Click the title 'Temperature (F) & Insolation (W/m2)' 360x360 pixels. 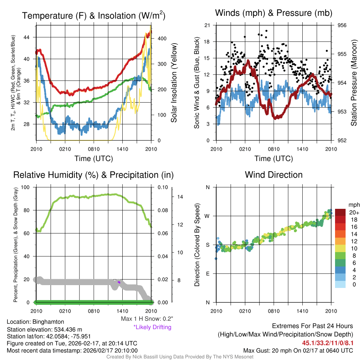(94, 15)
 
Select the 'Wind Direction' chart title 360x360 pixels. (274, 175)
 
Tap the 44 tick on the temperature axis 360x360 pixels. (30, 37)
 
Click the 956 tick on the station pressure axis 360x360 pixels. (342, 25)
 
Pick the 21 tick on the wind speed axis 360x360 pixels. (207, 25)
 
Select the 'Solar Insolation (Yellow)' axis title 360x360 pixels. (174, 83)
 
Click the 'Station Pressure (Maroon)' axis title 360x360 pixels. (354, 83)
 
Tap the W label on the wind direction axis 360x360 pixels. (207, 216)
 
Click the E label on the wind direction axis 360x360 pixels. (208, 274)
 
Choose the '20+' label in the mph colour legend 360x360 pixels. (353, 212)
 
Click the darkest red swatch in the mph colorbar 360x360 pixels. (340, 212)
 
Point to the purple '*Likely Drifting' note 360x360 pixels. (152, 327)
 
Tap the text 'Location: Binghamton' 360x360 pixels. (36, 322)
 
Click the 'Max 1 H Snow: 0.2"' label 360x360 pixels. (147, 319)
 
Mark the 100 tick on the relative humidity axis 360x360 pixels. (30, 187)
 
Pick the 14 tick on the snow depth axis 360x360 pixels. (180, 197)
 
